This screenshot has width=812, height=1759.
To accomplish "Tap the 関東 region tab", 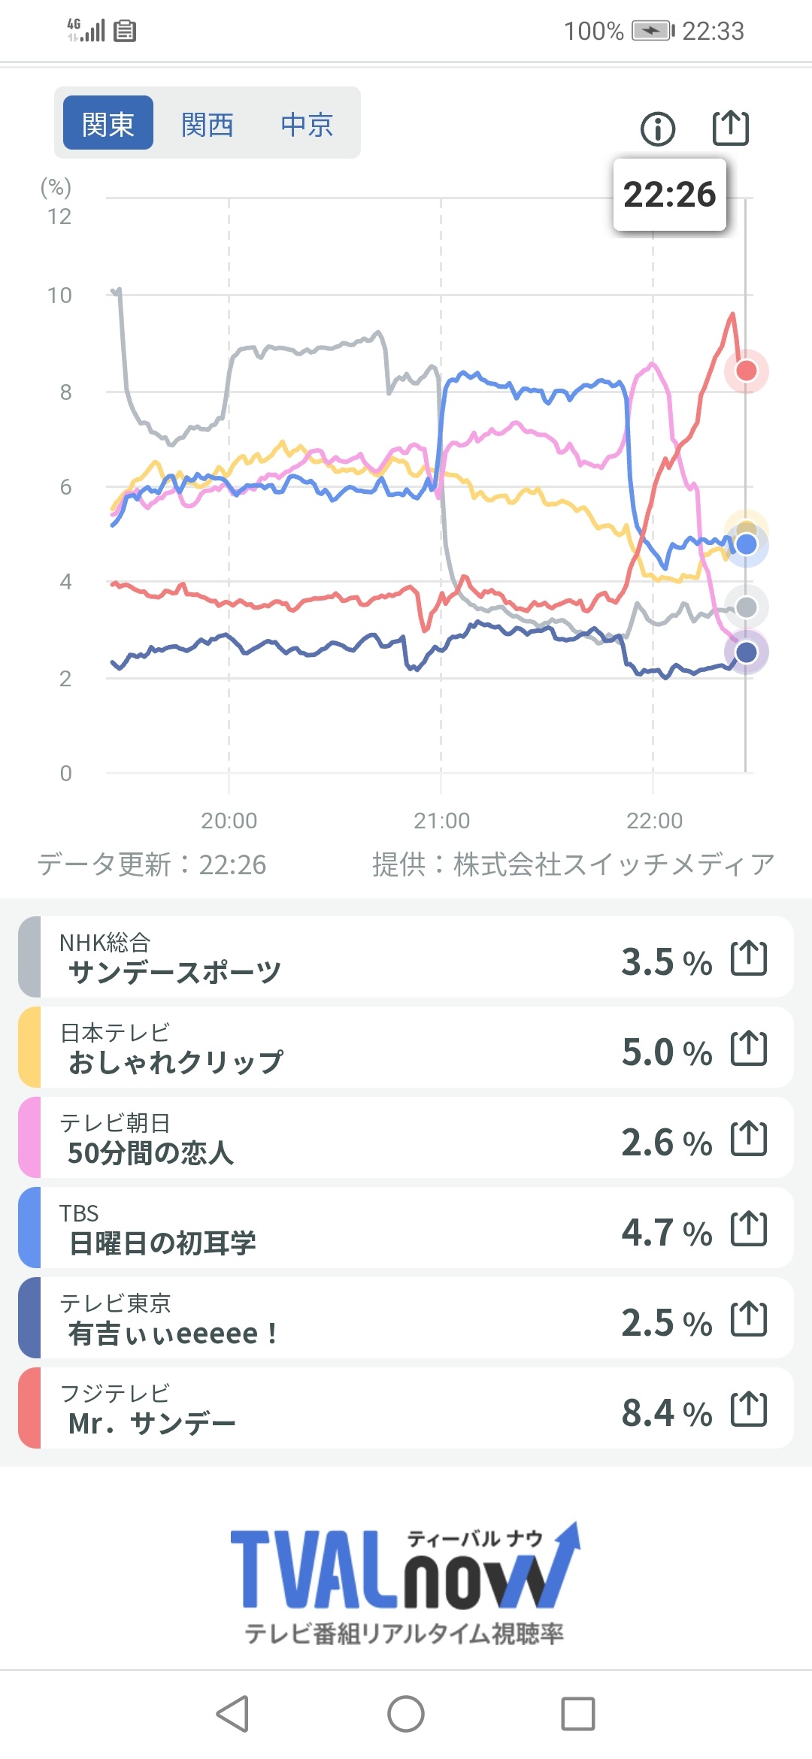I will [x=108, y=123].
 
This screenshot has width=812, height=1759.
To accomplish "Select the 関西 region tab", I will [x=207, y=123].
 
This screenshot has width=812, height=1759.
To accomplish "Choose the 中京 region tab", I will [x=307, y=123].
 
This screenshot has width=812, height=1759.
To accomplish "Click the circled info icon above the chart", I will [x=658, y=129].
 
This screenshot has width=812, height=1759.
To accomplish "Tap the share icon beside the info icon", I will [x=730, y=127].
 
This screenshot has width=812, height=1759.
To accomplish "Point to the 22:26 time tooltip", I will [x=669, y=194].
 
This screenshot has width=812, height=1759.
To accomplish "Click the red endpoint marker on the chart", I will [x=746, y=370].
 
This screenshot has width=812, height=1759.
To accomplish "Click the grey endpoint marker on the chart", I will [x=746, y=607].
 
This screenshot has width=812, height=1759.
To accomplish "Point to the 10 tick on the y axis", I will [x=59, y=295].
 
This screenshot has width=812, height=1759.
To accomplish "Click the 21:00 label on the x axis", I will [x=441, y=820].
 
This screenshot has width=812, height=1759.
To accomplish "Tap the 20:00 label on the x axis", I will [x=229, y=820].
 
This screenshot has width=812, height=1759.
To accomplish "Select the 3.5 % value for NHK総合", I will [x=666, y=961].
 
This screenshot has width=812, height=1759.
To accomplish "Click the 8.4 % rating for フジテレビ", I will [x=666, y=1412].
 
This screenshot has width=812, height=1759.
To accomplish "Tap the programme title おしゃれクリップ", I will [x=176, y=1062].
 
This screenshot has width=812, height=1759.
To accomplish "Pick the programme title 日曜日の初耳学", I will [x=162, y=1243].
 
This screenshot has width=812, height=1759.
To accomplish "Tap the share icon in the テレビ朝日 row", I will [x=749, y=1138].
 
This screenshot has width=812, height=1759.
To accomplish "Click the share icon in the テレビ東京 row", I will [x=749, y=1318].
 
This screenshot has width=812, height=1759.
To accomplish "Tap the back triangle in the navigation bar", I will [x=233, y=1714].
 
